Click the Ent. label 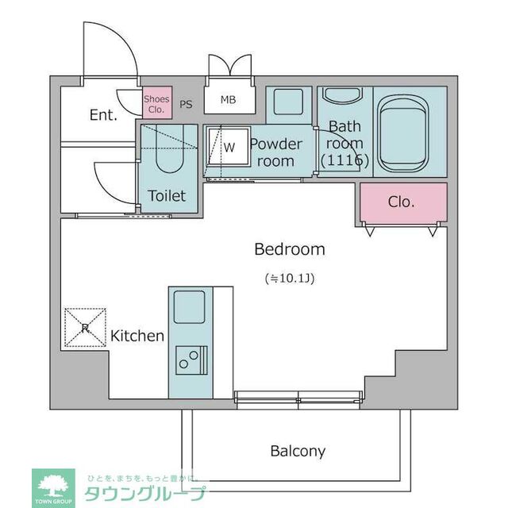[x=103, y=115]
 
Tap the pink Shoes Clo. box [x=156, y=104]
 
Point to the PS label [x=186, y=104]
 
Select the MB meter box [x=228, y=100]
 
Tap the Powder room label [x=276, y=152]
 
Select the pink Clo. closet [x=402, y=202]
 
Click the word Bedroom [x=289, y=249]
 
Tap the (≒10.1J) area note [x=289, y=279]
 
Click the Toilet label [x=167, y=195]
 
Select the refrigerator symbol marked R [x=84, y=327]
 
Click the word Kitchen [x=137, y=336]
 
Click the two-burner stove [x=189, y=360]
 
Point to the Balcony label [x=298, y=451]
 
